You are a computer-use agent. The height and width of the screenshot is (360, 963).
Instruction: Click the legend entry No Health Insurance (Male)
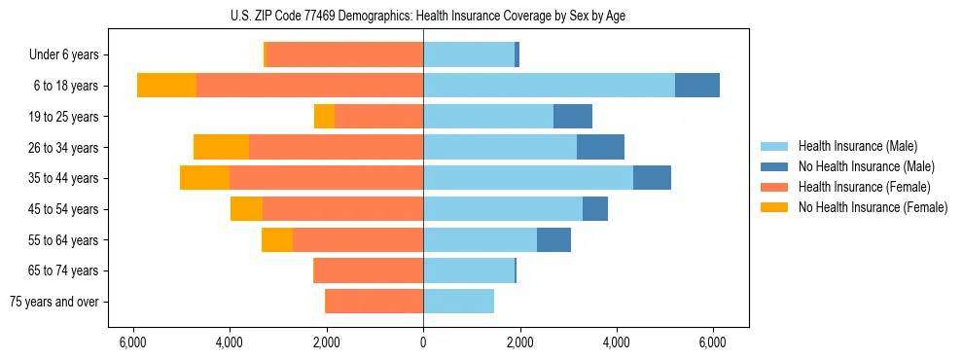point(866,166)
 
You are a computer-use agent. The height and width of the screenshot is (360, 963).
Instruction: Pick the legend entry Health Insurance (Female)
point(865,187)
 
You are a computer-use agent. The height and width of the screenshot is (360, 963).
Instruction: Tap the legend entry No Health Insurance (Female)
point(873,207)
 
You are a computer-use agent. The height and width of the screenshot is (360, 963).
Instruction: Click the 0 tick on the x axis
point(423,342)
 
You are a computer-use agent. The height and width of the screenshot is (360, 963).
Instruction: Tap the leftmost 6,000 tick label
point(132,342)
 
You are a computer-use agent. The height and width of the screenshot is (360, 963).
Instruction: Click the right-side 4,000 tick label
point(617,342)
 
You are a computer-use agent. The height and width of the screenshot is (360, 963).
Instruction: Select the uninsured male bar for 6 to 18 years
point(697,86)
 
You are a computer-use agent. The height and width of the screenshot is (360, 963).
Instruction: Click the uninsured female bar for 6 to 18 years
point(166,86)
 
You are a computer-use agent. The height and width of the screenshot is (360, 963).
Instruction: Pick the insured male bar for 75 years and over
point(458,302)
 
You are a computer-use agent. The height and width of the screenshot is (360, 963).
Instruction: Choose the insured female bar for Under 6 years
point(344,55)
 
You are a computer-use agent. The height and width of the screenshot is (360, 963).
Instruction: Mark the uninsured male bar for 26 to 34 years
point(600,147)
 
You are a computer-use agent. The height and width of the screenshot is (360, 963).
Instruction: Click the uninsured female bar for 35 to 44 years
point(204,178)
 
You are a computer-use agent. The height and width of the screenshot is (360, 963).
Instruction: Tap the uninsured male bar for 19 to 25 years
point(573,117)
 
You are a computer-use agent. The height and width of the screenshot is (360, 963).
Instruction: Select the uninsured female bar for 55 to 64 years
point(277,239)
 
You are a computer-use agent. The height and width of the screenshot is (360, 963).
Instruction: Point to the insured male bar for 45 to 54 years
point(503,209)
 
